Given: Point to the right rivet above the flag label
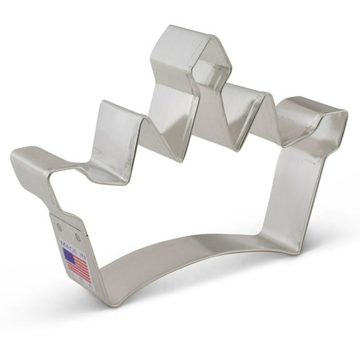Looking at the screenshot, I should tap(77, 237).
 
